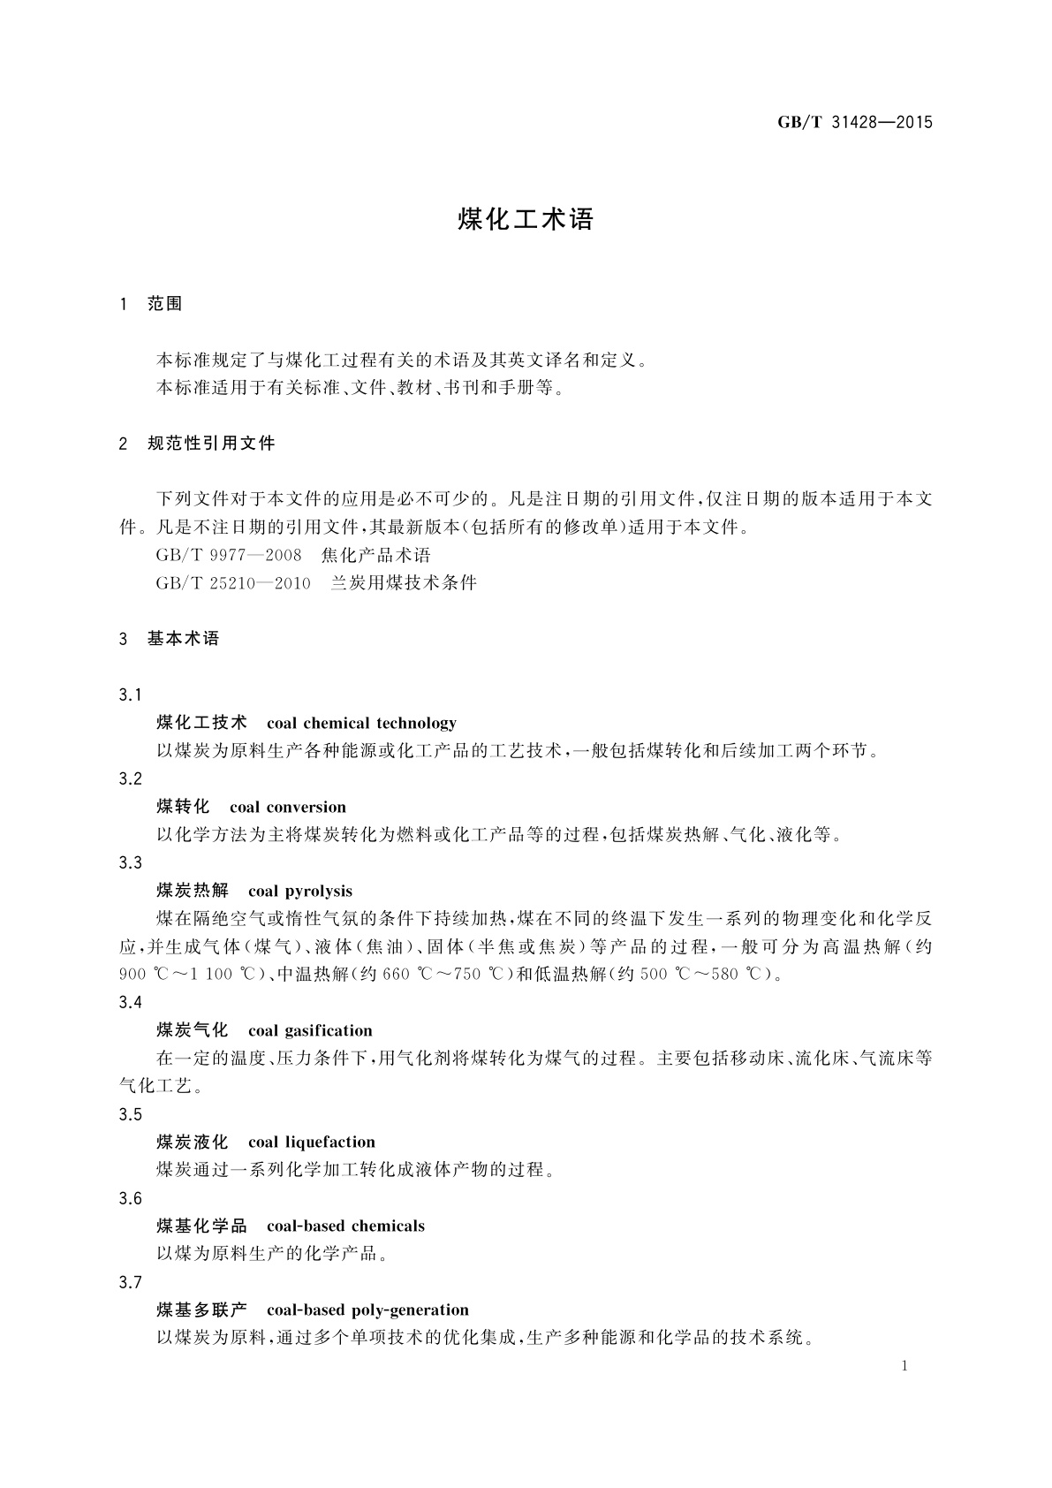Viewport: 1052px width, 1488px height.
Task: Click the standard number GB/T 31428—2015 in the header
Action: pos(855,123)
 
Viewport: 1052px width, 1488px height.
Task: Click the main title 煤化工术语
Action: pos(526,220)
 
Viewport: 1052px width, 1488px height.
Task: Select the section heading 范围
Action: pos(165,304)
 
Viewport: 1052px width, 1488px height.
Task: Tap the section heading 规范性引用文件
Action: pos(211,444)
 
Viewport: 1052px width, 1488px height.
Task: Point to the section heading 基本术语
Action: pos(183,639)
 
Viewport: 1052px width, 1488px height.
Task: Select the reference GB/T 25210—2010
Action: pos(233,583)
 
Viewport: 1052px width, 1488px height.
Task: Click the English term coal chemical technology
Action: pos(361,724)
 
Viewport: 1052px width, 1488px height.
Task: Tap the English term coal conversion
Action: pos(287,808)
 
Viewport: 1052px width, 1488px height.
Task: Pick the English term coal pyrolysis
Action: pos(300,891)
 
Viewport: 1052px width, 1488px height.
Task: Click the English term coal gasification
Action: pos(310,1030)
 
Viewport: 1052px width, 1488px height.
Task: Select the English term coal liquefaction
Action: pos(311,1143)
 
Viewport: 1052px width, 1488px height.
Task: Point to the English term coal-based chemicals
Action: pos(345,1226)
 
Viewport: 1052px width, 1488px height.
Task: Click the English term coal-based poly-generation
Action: pos(367,1310)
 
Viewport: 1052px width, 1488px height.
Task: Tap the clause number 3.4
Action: pos(130,1003)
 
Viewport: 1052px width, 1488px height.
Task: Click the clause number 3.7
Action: pos(130,1282)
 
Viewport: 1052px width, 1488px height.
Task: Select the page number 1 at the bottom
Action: pos(905,1367)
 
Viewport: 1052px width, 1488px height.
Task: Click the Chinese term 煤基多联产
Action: pos(201,1310)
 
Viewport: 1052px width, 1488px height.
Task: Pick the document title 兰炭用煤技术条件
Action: pos(404,583)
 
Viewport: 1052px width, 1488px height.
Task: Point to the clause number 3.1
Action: pos(130,695)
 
